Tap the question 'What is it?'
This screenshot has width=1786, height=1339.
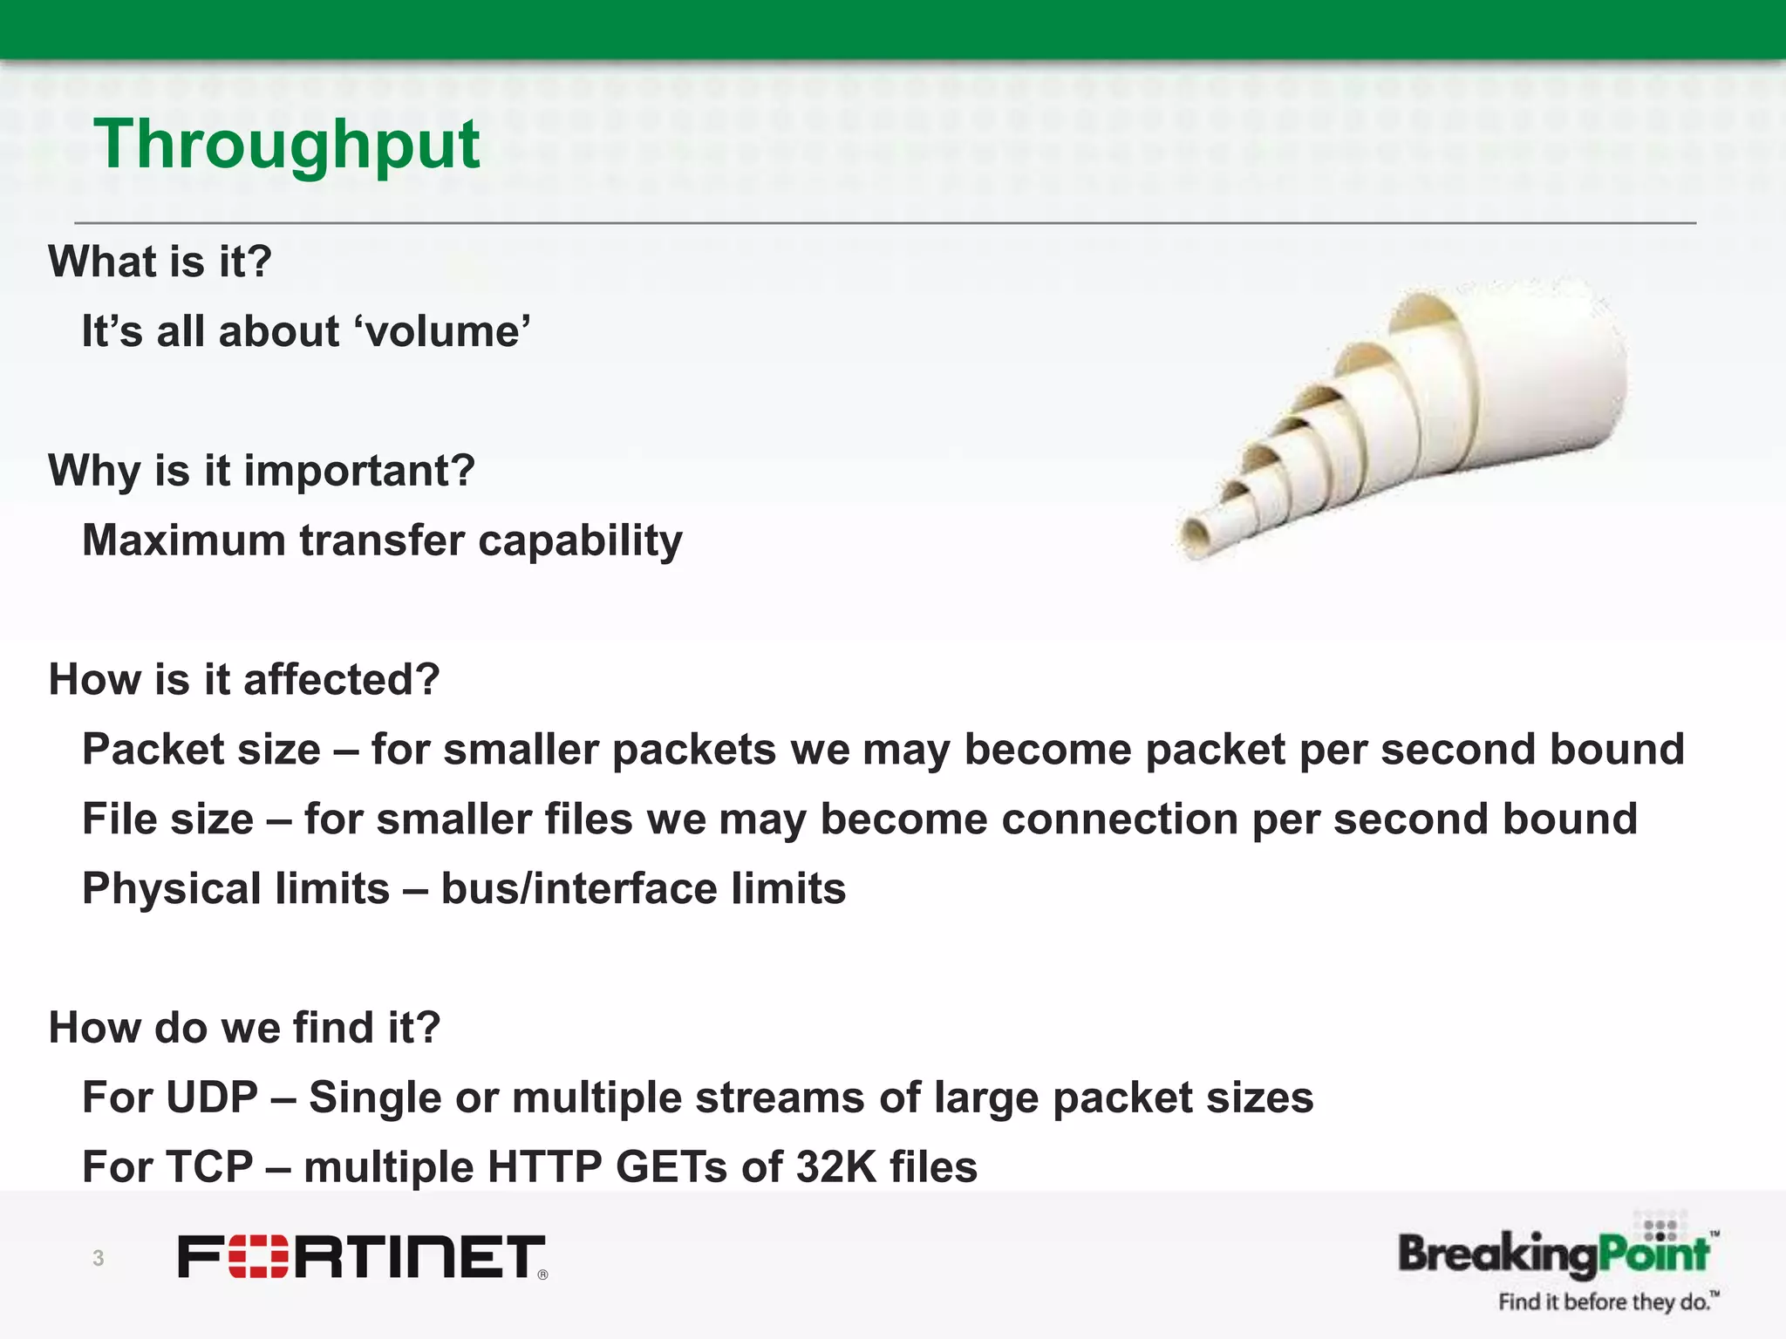point(160,262)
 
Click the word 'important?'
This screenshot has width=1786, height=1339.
point(359,471)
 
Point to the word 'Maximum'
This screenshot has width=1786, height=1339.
point(184,540)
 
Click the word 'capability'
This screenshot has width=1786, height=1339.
point(580,540)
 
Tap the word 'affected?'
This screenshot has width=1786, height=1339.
point(341,680)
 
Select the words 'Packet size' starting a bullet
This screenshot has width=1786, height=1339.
point(201,750)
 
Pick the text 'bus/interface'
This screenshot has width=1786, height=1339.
point(578,889)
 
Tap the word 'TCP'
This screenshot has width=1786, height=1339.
point(209,1167)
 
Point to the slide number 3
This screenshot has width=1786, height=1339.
point(99,1258)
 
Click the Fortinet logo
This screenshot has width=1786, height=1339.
point(362,1256)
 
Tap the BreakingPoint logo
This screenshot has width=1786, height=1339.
point(1554,1253)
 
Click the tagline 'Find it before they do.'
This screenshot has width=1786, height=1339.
point(1607,1302)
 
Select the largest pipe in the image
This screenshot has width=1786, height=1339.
point(1535,375)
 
